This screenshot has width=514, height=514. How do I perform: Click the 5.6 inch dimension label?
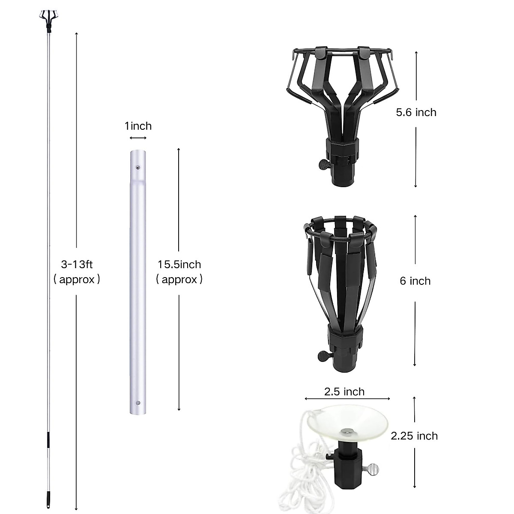coord(416,112)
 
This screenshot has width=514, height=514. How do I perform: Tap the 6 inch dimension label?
coord(415,281)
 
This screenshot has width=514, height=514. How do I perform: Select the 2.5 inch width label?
coord(344,391)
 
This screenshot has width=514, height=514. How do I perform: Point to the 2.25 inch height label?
coord(414,436)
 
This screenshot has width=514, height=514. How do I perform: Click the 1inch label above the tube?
coord(138,126)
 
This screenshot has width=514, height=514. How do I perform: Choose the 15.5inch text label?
coord(179,264)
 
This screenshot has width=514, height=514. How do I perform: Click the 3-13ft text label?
coord(77,264)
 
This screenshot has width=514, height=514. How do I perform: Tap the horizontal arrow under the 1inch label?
coord(138,137)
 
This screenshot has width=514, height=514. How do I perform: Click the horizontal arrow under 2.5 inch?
coord(347,399)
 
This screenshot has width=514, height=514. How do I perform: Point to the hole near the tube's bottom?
coord(138,403)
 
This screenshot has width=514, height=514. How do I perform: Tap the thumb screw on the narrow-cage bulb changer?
coord(323,355)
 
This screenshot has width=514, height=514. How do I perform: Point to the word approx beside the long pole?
coord(77,280)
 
